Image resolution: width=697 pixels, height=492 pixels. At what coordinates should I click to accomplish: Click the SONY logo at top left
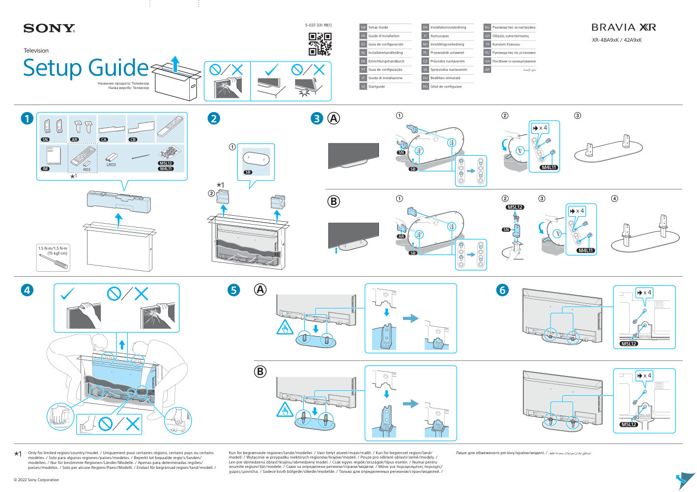pos(49,28)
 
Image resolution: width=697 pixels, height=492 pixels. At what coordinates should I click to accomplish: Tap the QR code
pos(319,44)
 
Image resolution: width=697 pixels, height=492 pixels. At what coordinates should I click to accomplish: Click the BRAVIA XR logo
pos(623,28)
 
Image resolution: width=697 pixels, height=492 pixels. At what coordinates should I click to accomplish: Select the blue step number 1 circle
pos(27,118)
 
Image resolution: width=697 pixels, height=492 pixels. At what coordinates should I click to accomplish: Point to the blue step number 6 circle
pos(502,290)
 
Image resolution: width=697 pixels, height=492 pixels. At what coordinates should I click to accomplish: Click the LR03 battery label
pos(111,165)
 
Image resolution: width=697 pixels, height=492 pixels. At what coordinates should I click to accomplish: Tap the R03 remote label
pos(87,170)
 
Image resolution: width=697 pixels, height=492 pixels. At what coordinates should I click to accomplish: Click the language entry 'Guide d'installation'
pos(384,36)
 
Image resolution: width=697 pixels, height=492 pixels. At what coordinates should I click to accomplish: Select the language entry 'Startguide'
pos(377,87)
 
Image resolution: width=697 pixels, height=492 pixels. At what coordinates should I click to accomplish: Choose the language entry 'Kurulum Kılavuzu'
pos(506,44)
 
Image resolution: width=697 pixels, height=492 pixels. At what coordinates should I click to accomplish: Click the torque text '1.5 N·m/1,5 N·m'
pos(53,248)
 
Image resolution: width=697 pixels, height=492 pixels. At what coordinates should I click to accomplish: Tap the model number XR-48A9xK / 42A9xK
pos(616,40)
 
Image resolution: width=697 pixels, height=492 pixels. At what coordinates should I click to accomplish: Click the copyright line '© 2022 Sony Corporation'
pos(36,480)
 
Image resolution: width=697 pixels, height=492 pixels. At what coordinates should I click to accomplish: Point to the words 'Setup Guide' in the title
pos(86,68)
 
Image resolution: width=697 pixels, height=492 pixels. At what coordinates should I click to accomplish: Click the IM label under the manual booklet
pos(45,169)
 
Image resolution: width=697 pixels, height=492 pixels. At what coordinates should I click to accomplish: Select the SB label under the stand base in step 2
pos(248,172)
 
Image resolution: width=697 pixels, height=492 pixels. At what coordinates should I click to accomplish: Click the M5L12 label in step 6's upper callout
pos(629,344)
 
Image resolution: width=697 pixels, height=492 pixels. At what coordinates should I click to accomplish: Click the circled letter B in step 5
pos(260,372)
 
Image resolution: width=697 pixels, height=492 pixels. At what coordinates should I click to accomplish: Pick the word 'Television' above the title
pos(36,51)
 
